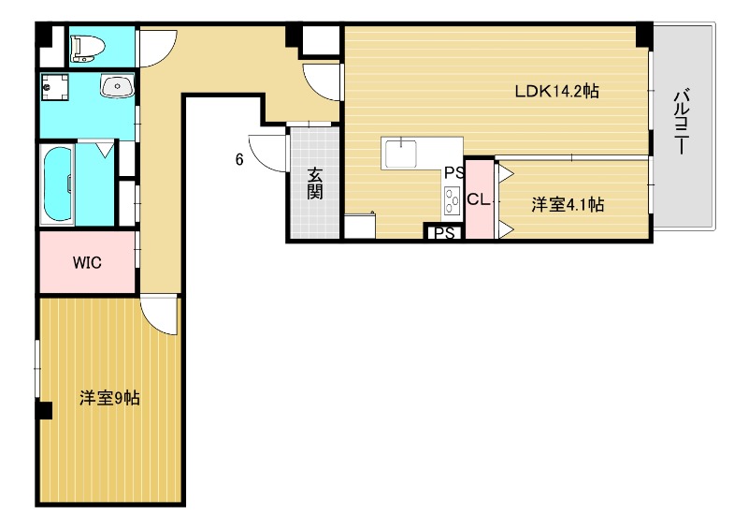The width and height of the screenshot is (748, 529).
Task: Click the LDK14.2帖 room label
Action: point(556,91)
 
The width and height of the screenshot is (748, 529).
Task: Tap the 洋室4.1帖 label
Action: point(568,204)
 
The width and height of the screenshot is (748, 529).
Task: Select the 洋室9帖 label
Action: point(109,398)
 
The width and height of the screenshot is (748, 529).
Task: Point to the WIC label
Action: point(87,262)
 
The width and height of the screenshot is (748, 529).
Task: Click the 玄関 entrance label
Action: point(314,183)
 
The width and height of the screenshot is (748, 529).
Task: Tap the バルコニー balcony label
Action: point(683,121)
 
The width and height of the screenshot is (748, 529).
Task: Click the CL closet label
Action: point(479,199)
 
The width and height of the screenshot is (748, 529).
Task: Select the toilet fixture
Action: point(87,50)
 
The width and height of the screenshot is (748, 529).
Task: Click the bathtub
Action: point(58,184)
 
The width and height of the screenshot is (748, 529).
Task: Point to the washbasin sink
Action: point(118,86)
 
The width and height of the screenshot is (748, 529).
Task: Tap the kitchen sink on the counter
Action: point(401,153)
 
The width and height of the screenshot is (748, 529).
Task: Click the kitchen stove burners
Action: point(453,200)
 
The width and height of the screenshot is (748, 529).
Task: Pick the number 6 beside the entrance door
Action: point(239,159)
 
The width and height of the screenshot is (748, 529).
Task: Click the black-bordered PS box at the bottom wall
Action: point(443,233)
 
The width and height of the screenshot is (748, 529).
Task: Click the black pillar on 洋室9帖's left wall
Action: point(44,410)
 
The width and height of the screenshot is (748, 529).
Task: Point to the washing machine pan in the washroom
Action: point(55,86)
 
